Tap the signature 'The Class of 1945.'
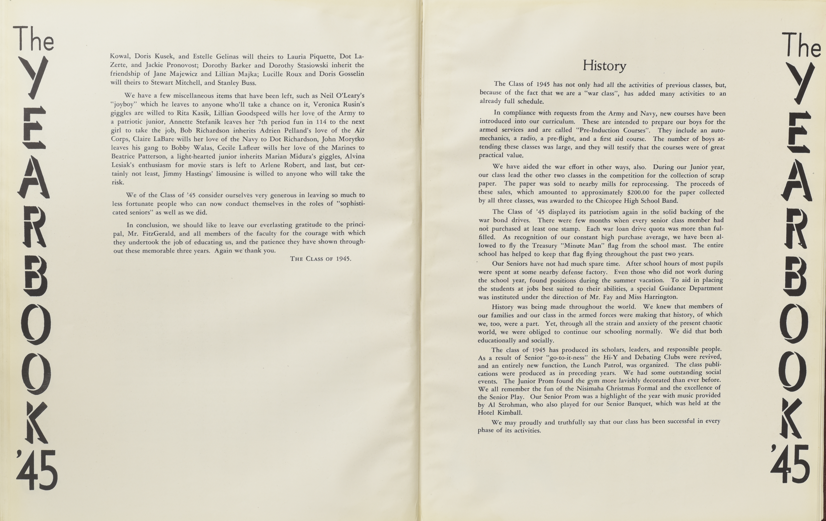(320, 259)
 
